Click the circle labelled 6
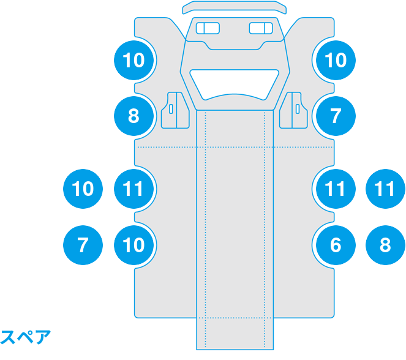point(336,245)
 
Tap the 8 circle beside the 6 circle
point(385,245)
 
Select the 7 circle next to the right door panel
point(336,116)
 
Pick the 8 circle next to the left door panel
point(133,116)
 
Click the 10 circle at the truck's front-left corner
point(133,60)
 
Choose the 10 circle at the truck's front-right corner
point(336,60)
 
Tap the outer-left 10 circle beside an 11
point(83,189)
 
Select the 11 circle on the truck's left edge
point(133,189)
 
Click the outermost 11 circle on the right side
point(385,189)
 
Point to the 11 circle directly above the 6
point(336,189)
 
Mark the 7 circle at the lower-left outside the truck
point(83,245)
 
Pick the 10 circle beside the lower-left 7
point(133,245)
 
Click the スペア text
point(25,337)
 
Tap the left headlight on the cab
point(208,28)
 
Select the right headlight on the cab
point(261,28)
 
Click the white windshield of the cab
point(235,84)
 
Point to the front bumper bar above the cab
point(235,7)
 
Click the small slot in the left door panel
point(171,109)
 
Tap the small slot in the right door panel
point(298,109)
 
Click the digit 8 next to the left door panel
point(133,116)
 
